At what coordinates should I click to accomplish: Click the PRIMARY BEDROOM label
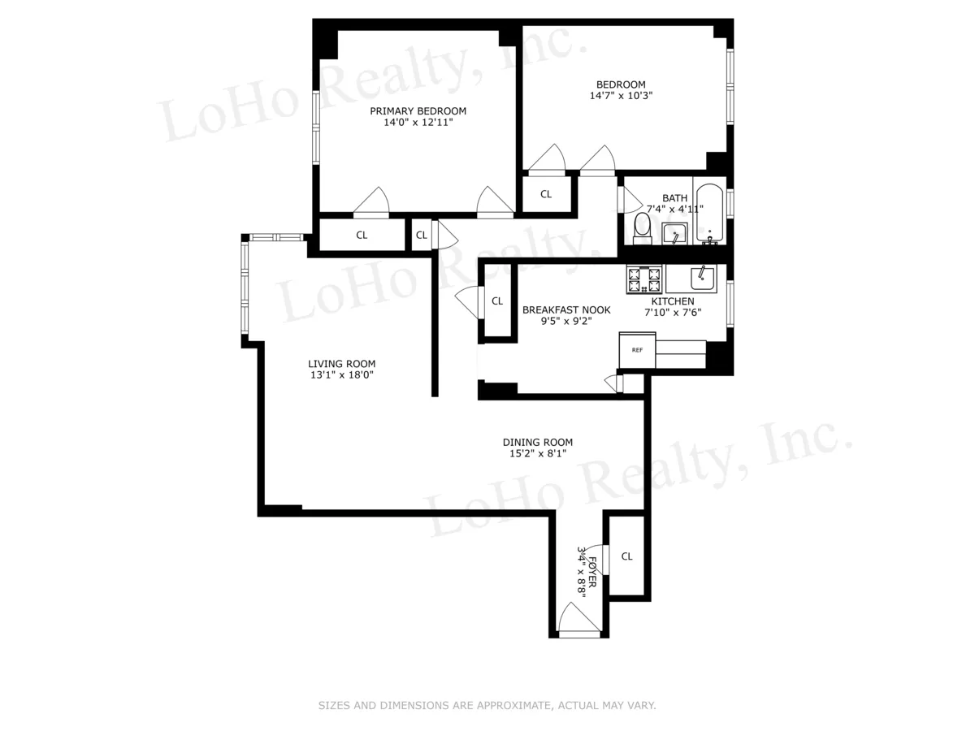point(418,111)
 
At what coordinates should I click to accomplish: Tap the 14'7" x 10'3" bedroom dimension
point(621,96)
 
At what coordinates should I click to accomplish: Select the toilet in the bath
point(642,230)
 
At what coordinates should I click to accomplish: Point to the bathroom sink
point(675,234)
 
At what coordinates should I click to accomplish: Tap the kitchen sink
point(703,278)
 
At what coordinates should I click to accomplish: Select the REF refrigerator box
point(637,350)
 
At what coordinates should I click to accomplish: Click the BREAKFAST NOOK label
point(566,309)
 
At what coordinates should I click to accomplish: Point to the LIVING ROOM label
point(341,364)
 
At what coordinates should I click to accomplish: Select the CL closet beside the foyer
point(626,556)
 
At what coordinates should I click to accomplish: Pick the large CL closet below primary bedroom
point(362,236)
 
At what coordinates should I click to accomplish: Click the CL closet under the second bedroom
point(546,194)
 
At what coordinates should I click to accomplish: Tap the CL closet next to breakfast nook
point(497,301)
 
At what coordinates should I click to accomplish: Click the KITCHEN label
point(673,301)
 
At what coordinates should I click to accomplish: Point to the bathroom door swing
point(628,198)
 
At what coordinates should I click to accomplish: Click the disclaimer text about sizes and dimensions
point(487,706)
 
